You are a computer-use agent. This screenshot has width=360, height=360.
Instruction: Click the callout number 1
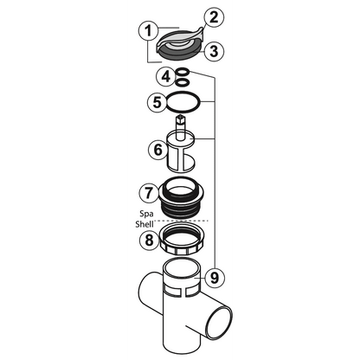(x=149, y=32)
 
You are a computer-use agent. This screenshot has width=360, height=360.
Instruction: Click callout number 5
(x=157, y=102)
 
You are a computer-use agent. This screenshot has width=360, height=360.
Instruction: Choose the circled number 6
(x=157, y=149)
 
